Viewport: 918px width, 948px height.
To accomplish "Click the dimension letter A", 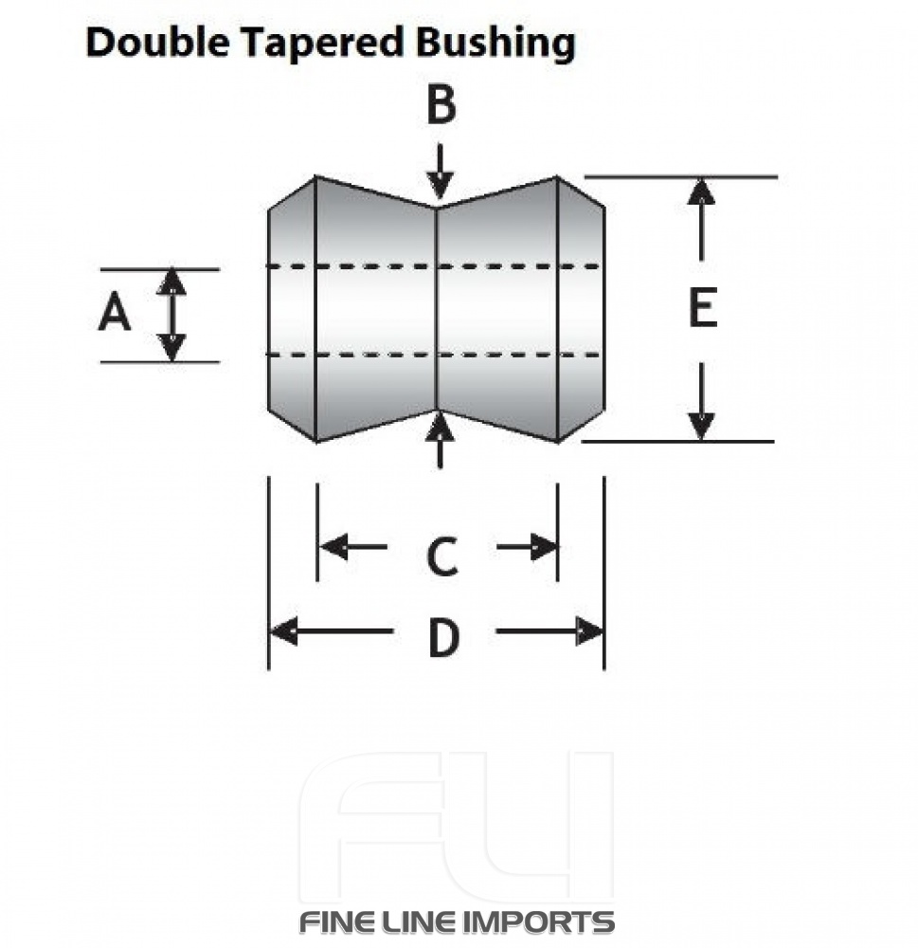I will [115, 313].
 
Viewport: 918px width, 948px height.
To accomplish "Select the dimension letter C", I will [441, 557].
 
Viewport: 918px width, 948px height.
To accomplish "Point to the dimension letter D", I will [443, 639].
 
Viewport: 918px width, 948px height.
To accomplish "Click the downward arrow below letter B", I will [439, 171].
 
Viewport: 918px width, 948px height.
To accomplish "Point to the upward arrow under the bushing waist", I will [440, 441].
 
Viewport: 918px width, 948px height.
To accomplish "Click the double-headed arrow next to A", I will [171, 315].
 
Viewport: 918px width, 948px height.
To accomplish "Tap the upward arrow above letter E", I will [701, 218].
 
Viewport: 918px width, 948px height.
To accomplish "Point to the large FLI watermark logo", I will [456, 825].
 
